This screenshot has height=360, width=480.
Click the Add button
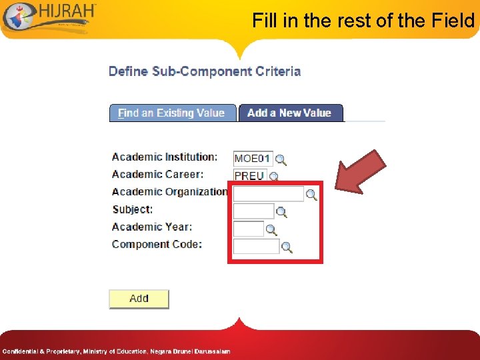[139, 299]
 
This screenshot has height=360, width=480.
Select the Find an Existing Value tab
[172, 113]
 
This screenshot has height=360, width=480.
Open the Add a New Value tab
[289, 113]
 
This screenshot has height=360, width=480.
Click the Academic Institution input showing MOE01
[253, 159]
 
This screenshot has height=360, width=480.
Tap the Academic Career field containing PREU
[249, 176]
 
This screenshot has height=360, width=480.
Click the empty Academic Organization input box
[268, 194]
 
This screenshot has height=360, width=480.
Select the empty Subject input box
[253, 211]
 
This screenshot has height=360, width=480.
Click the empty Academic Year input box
[248, 229]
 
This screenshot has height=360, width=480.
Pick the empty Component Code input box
[256, 247]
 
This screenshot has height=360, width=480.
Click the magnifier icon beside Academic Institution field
[281, 160]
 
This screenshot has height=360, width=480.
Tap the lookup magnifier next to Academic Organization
[311, 195]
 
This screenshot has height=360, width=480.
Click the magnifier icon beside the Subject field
[281, 212]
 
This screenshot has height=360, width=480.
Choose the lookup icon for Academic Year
[271, 230]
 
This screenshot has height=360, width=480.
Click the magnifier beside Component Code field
[287, 247]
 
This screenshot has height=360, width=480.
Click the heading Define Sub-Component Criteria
[205, 71]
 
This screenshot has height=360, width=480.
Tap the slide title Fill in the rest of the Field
[363, 21]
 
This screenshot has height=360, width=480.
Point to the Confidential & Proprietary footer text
[116, 351]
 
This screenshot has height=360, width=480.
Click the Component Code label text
[157, 244]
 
